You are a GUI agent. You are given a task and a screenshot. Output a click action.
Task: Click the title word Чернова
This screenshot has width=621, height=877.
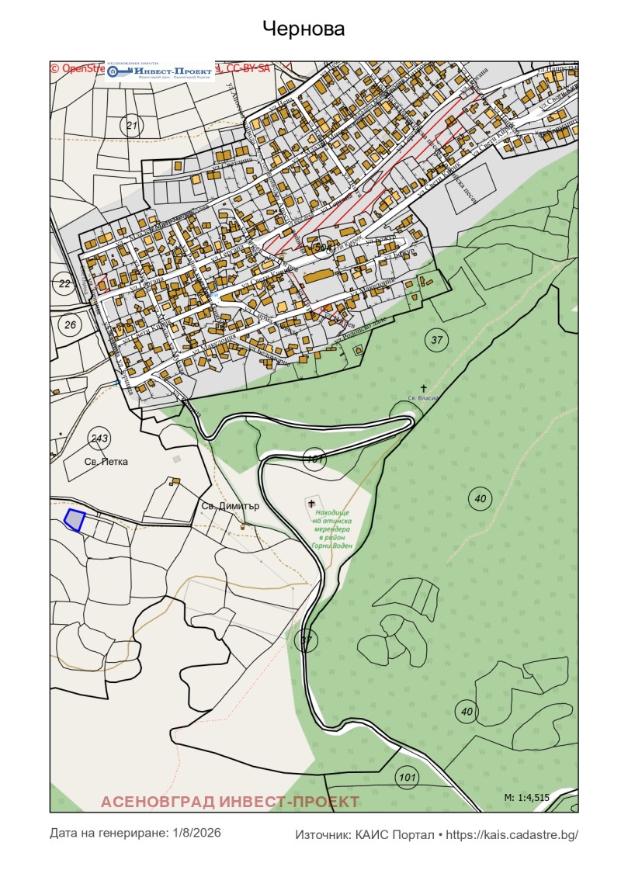(304, 29)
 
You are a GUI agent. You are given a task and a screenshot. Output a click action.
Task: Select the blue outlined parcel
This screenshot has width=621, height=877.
(74, 520)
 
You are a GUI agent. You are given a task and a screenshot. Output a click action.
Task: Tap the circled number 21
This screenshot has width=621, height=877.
(131, 125)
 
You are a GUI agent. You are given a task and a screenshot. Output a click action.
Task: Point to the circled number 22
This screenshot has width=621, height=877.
(64, 283)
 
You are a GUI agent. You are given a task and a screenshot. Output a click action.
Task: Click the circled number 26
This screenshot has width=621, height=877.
(70, 324)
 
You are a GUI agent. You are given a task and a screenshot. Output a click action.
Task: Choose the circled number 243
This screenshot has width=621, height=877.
(99, 438)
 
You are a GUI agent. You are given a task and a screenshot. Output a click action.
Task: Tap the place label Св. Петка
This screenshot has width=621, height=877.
(106, 461)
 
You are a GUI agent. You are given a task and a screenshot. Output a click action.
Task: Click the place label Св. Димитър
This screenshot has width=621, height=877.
(229, 506)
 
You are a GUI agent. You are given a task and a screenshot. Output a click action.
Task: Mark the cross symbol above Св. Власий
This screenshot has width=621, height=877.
(424, 387)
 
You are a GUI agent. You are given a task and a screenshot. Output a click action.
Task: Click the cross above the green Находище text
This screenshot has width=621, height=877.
(312, 504)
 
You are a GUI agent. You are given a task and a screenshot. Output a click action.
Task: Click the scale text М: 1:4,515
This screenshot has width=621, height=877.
(526, 797)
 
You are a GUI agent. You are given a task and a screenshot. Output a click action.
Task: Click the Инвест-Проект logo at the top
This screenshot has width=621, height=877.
(161, 71)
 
